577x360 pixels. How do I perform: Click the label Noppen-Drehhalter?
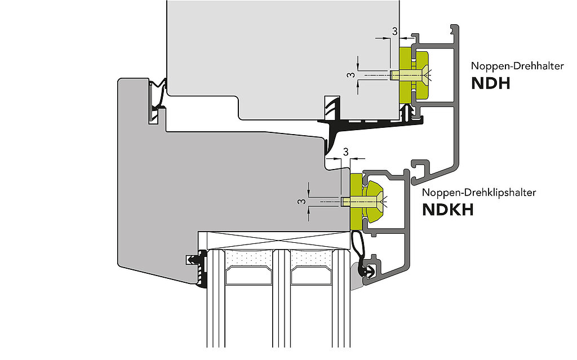517,66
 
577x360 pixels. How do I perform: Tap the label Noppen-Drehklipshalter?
479,192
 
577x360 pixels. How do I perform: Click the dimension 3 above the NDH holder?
393,32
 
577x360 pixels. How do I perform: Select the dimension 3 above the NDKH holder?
345,152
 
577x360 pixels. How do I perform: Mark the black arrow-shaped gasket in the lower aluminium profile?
370,271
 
